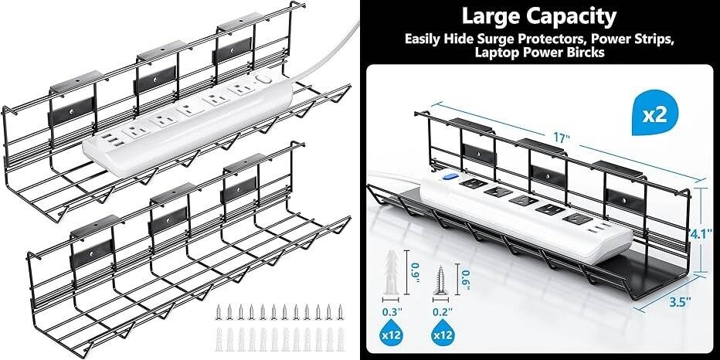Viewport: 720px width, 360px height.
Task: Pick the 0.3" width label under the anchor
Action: click(392, 312)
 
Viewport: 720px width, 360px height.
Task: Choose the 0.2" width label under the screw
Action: click(443, 312)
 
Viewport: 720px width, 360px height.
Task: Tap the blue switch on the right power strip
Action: click(447, 175)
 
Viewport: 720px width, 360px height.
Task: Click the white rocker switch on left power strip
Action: click(262, 80)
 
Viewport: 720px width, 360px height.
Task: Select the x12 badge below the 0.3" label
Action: click(392, 335)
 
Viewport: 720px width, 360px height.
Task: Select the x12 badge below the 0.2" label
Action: click(442, 335)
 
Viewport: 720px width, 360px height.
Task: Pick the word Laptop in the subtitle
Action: click(494, 53)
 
